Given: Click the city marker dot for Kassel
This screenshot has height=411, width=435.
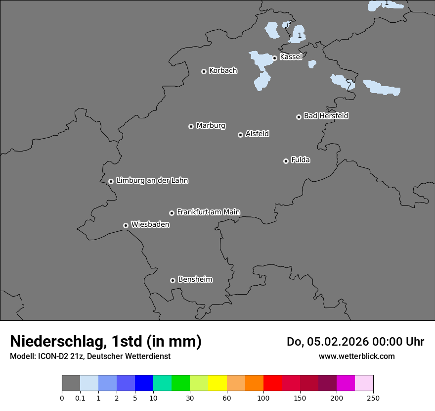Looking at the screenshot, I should [x=274, y=58].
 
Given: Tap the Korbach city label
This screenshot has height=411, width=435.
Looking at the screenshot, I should [x=223, y=70].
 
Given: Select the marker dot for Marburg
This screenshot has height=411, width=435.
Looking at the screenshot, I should [x=191, y=126].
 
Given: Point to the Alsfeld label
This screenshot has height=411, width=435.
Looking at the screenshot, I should [x=257, y=134].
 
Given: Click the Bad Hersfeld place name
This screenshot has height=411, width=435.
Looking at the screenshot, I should [x=326, y=116].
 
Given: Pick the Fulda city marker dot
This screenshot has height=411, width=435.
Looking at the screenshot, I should [x=286, y=161].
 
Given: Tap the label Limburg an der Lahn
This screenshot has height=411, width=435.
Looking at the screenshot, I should [x=152, y=180].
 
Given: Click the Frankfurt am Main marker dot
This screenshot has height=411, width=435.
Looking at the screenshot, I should [x=172, y=213].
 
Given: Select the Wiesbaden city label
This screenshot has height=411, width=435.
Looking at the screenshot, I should [x=150, y=224].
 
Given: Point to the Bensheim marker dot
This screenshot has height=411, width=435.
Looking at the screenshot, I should [x=173, y=280].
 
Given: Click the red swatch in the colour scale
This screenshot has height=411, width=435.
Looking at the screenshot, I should [x=272, y=383].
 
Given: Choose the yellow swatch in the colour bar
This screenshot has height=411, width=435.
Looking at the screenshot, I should [x=217, y=383].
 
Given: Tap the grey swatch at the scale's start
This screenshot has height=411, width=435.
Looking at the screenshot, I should [x=71, y=383].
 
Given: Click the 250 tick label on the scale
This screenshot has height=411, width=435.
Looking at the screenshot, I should [x=373, y=397].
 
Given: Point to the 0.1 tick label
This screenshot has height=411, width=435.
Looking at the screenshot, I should [x=80, y=397].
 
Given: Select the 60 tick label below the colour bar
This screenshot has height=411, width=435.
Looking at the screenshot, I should [x=227, y=397].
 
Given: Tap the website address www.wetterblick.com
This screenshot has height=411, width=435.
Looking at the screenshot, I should [x=356, y=356].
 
